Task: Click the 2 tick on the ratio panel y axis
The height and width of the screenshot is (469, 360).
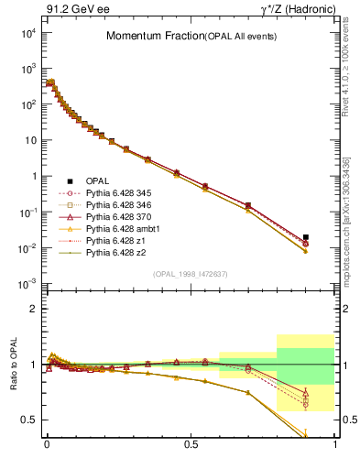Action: pyautogui.click(x=35, y=309)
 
